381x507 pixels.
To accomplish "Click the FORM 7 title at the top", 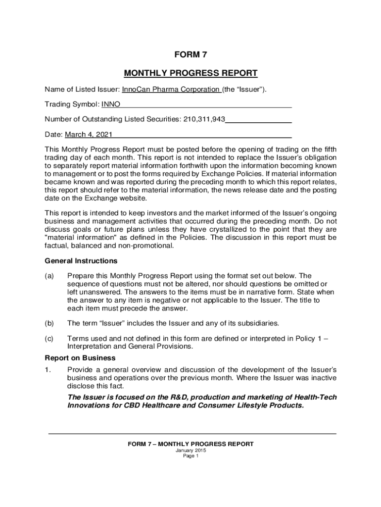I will pyautogui.click(x=190, y=55).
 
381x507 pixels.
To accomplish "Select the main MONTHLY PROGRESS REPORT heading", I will pyautogui.click(x=190, y=73).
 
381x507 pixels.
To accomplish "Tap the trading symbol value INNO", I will pyautogui.click(x=111, y=104).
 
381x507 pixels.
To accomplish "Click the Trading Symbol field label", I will pyautogui.click(x=72, y=104).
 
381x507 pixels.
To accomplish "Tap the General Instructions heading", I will pyautogui.click(x=81, y=261).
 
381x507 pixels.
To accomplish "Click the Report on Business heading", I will pyautogui.click(x=80, y=358).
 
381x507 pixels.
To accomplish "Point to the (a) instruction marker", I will pyautogui.click(x=49, y=276).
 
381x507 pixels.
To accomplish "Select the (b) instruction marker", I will pyautogui.click(x=49, y=323).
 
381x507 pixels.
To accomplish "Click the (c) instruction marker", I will pyautogui.click(x=49, y=339).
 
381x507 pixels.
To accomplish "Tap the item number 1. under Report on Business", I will pyautogui.click(x=48, y=370).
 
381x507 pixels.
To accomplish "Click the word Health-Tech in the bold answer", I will pyautogui.click(x=316, y=397).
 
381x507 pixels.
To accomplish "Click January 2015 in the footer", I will pyautogui.click(x=190, y=451).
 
